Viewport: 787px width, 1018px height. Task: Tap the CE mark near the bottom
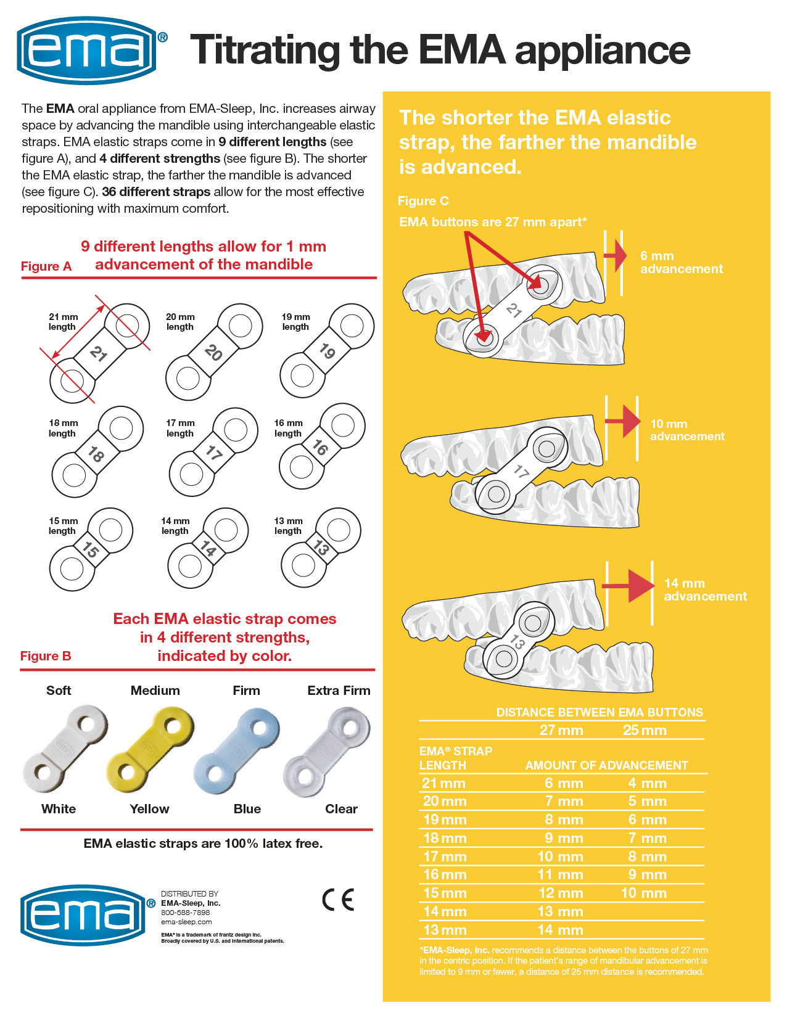click(x=338, y=900)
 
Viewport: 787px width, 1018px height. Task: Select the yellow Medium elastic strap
click(x=150, y=749)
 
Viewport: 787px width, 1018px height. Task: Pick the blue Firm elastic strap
click(x=237, y=750)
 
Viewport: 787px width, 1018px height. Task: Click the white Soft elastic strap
click(x=64, y=749)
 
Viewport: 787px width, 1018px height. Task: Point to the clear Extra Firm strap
click(x=327, y=750)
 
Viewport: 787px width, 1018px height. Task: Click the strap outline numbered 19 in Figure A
click(x=327, y=351)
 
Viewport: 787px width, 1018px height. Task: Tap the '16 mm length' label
click(x=288, y=428)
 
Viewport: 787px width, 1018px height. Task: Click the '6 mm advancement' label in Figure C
click(x=681, y=262)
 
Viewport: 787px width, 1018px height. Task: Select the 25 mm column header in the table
click(x=645, y=731)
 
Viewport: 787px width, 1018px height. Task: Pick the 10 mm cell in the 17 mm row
click(x=560, y=856)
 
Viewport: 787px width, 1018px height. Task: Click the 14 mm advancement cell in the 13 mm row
click(x=560, y=930)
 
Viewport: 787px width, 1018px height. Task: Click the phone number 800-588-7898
click(x=185, y=913)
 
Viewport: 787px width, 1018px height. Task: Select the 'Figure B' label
click(x=46, y=656)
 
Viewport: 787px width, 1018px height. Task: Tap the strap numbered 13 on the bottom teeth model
click(x=517, y=642)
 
